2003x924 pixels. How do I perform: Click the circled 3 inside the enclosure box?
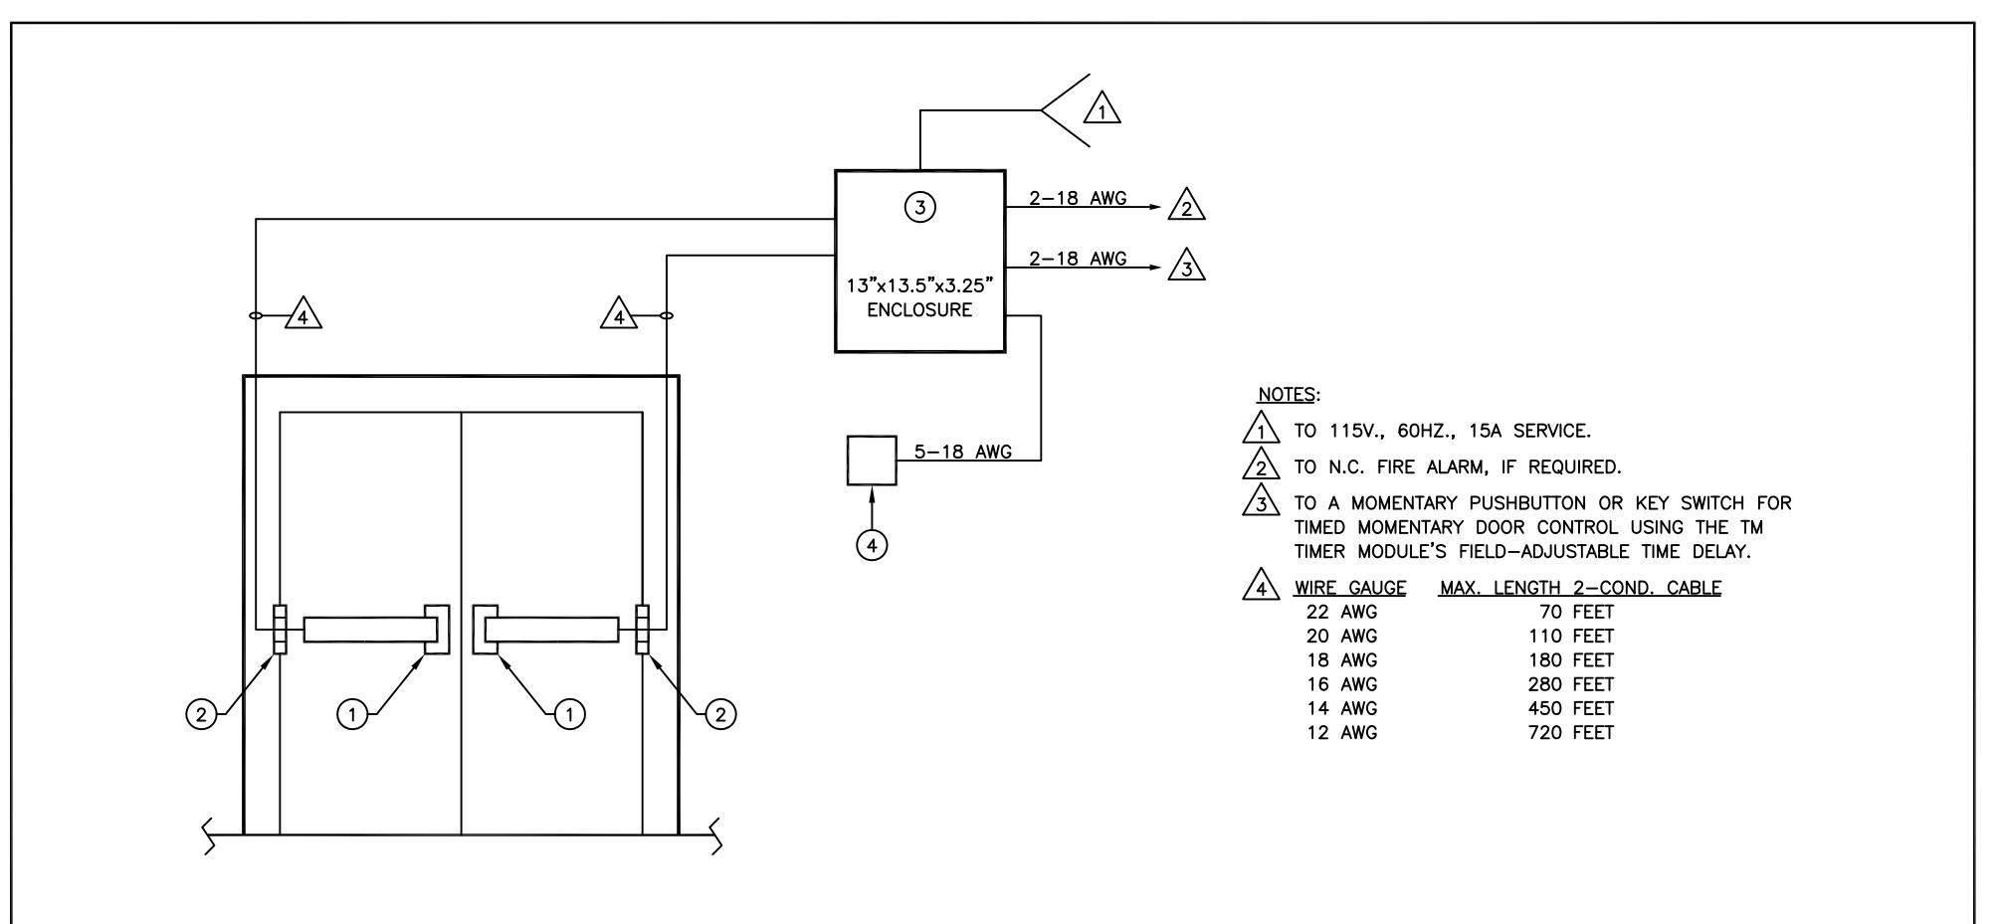pyautogui.click(x=920, y=207)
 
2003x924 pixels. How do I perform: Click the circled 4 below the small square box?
pyautogui.click(x=873, y=545)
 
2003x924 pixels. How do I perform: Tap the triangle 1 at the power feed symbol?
pyautogui.click(x=1102, y=108)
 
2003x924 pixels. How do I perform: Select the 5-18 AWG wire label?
pyautogui.click(x=962, y=453)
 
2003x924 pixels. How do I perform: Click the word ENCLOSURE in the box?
pyautogui.click(x=919, y=309)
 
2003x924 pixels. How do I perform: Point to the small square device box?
pyautogui.click(x=872, y=461)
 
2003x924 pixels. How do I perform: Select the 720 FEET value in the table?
pyautogui.click(x=1571, y=733)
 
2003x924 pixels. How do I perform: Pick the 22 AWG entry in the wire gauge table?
pyautogui.click(x=1341, y=613)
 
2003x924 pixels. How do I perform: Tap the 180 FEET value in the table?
pyautogui.click(x=1571, y=660)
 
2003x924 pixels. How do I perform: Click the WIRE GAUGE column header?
pyautogui.click(x=1350, y=588)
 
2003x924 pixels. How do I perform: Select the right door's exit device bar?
pyautogui.click(x=551, y=630)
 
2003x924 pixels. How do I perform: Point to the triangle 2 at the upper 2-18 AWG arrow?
pyautogui.click(x=1187, y=205)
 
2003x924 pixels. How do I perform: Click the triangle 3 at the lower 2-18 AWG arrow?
pyautogui.click(x=1187, y=266)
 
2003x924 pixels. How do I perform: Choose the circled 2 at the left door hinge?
pyautogui.click(x=202, y=714)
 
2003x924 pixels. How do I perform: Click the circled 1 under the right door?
pyautogui.click(x=569, y=714)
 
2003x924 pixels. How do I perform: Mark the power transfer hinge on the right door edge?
pyautogui.click(x=643, y=630)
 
